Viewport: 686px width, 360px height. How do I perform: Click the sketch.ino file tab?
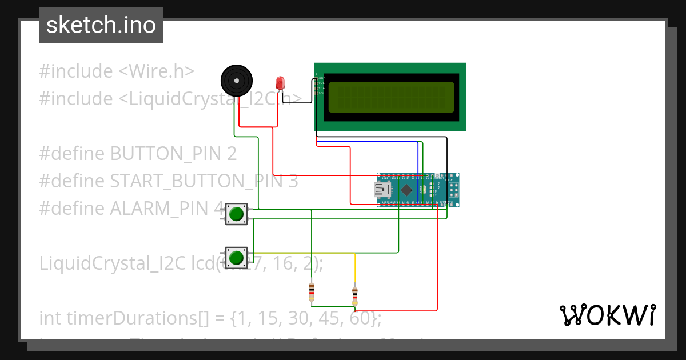click(101, 25)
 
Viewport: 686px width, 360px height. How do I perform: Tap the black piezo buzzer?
click(236, 81)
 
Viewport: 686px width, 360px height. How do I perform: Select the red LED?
click(280, 83)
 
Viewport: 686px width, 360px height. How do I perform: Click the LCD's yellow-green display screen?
click(392, 97)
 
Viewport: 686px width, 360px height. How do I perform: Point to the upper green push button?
click(236, 214)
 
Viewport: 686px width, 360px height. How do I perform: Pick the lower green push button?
click(236, 258)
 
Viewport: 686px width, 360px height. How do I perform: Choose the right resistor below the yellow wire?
click(355, 295)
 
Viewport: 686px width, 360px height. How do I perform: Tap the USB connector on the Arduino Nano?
click(381, 190)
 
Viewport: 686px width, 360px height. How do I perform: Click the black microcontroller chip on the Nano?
click(406, 190)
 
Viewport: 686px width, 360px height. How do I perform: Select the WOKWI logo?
click(607, 315)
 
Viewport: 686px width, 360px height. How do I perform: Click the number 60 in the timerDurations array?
click(358, 318)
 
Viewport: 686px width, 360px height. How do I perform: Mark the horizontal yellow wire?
click(303, 253)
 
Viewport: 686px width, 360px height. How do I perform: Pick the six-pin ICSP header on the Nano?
click(453, 189)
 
